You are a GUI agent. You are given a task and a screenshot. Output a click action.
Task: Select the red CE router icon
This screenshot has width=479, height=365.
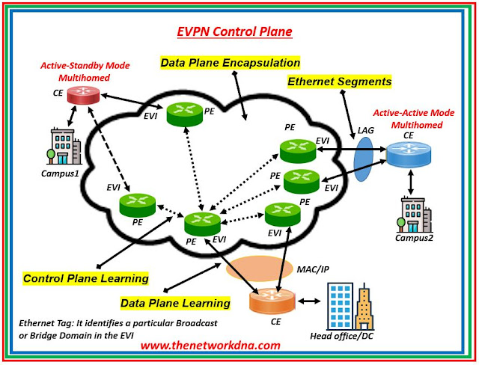[x=77, y=95]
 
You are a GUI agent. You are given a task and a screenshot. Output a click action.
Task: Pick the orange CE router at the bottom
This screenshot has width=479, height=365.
[x=266, y=301]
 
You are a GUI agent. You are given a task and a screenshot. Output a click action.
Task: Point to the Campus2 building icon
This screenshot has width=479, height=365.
[x=412, y=215]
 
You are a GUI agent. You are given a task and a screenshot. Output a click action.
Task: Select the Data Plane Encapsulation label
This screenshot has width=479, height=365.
[x=230, y=63]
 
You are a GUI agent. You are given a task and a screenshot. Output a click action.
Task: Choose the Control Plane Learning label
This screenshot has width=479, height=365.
[x=85, y=278]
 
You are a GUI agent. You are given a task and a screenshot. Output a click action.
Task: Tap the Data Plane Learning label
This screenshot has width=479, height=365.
[x=175, y=303]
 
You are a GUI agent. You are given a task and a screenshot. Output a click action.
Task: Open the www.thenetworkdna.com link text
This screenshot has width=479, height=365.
[x=210, y=345]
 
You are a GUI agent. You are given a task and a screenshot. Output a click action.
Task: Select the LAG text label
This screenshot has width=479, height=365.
[x=366, y=131]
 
